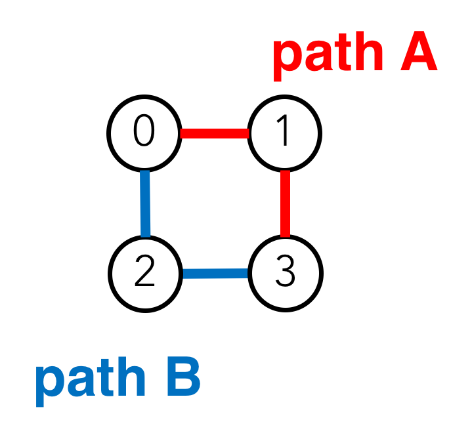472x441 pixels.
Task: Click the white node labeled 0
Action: [144, 133]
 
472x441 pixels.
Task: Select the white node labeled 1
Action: [284, 133]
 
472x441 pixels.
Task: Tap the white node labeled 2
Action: [145, 272]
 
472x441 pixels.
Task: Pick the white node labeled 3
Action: [285, 272]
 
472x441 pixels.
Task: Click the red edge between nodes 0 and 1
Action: [214, 134]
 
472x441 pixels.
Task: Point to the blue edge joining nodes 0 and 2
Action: [146, 203]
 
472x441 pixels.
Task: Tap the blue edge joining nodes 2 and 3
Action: [215, 274]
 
